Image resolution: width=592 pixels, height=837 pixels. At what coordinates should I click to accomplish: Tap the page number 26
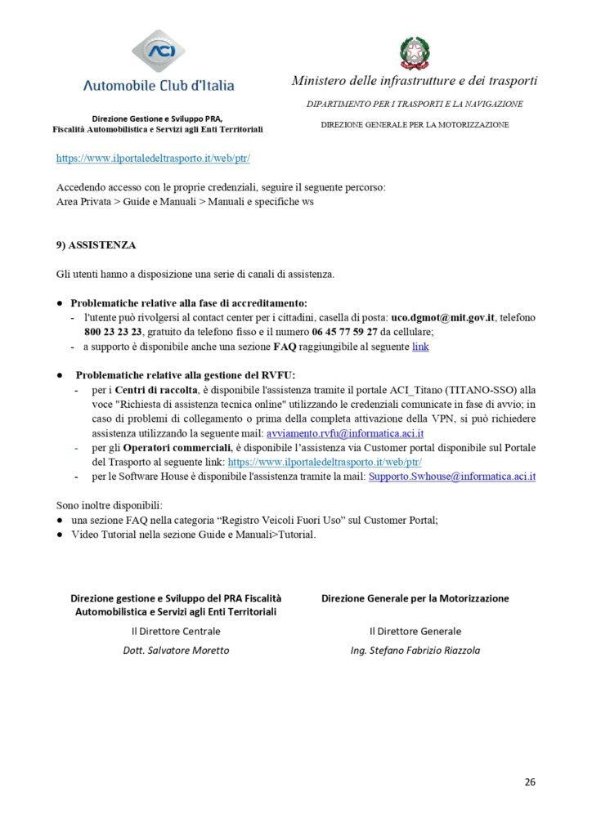pos(530,782)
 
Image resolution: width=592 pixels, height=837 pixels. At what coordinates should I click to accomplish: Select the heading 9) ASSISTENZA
pos(96,244)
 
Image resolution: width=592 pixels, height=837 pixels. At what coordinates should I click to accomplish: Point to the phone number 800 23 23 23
pos(113,332)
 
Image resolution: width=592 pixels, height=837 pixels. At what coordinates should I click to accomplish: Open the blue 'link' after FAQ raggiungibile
pos(420,347)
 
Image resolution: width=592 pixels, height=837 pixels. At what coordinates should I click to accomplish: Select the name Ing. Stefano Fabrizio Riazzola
pos(415,651)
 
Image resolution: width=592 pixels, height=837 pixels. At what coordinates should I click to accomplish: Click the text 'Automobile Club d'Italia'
pos(159,85)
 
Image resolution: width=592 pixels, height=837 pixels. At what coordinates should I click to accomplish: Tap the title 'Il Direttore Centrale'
pos(176,631)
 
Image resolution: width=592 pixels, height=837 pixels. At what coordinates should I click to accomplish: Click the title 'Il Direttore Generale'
pos(415,631)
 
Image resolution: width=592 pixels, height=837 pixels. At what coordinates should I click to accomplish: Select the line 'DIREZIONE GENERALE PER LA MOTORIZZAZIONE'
pos(415,124)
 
